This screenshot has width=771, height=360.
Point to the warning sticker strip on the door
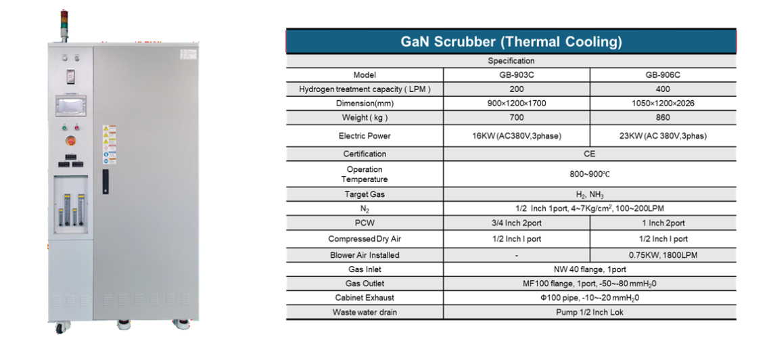109,144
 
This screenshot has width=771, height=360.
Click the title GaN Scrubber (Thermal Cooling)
511,41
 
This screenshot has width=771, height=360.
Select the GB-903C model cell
516,75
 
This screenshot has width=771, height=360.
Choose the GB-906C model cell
662,75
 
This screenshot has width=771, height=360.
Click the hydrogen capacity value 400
662,89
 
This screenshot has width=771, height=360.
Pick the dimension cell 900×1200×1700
516,104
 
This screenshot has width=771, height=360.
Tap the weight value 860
662,118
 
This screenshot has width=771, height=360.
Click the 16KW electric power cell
516,136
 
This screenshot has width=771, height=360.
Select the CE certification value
589,154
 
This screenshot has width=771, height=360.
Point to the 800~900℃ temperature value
589,174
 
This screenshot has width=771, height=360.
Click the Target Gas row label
365,194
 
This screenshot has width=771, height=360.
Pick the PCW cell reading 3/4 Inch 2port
516,223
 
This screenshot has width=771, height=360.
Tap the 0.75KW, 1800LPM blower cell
662,255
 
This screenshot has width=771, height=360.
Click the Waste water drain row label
365,312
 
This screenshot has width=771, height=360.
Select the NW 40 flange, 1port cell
589,269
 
